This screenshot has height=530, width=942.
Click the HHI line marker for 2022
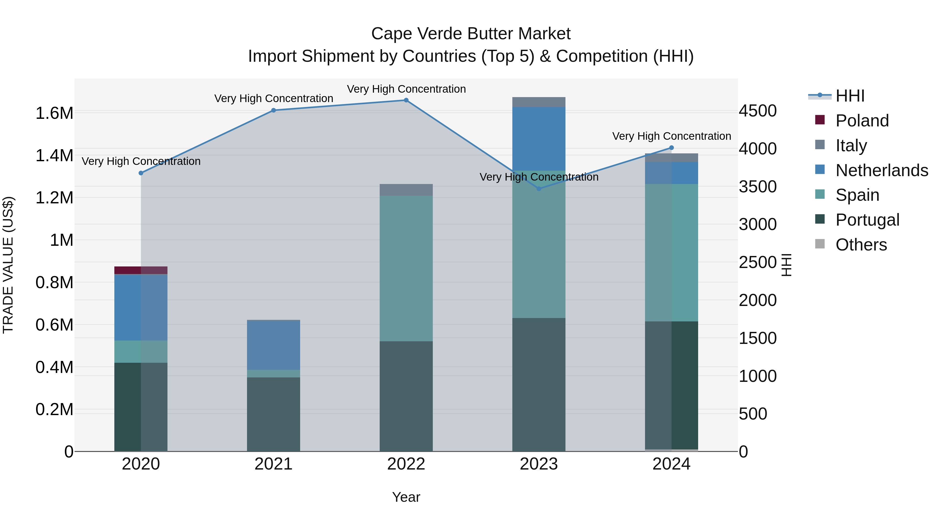(406, 100)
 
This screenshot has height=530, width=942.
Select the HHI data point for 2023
(539, 189)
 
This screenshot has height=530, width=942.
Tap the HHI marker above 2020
(141, 173)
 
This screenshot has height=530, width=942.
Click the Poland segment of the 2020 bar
(141, 270)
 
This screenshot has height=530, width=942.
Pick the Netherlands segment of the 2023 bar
(539, 139)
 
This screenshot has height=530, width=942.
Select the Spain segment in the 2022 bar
(406, 269)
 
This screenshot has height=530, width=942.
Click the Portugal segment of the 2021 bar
(273, 414)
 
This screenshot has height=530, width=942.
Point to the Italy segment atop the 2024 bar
(671, 158)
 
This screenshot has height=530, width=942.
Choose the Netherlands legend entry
(882, 170)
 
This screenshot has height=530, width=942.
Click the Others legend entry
(861, 245)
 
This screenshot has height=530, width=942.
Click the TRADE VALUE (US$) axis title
(8, 265)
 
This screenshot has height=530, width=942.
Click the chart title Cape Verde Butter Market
(471, 34)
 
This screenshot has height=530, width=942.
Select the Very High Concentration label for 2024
(671, 136)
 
